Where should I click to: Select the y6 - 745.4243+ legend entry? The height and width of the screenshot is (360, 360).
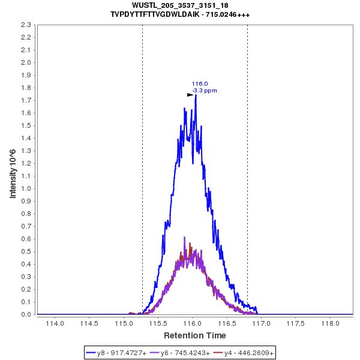[185, 353]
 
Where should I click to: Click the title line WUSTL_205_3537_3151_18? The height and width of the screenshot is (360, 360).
[180, 5]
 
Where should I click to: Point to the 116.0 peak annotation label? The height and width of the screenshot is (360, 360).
[200, 84]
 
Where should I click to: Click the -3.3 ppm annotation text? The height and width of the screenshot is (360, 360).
[205, 91]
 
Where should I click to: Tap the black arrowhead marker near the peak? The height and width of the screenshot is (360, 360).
[190, 95]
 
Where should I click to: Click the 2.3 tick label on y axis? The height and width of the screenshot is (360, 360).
[26, 25]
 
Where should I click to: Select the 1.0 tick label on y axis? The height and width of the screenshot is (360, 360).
[26, 188]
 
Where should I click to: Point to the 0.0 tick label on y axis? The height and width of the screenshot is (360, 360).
[26, 314]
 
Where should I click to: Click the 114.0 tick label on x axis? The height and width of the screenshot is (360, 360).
[55, 324]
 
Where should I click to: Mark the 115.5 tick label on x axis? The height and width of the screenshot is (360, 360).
[158, 324]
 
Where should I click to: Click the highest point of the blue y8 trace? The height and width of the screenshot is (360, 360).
[196, 95]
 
